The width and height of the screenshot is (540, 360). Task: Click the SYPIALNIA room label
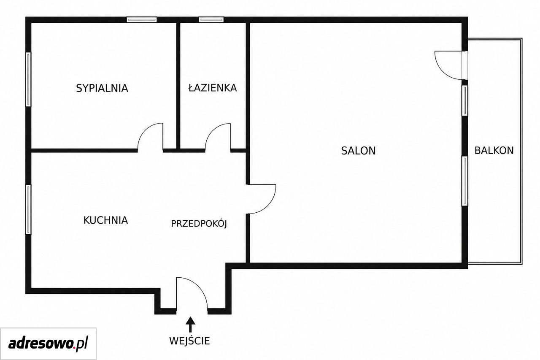[102, 88]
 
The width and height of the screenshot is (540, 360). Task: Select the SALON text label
[358, 151]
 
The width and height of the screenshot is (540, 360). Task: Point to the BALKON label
[494, 151]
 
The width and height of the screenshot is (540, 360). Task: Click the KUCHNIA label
[105, 220]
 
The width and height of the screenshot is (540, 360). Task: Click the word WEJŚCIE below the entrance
[189, 341]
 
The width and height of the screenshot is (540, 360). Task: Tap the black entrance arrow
[190, 324]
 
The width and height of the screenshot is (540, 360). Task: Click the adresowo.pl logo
[48, 344]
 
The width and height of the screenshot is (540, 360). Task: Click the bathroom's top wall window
[211, 19]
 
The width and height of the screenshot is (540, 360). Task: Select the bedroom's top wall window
[142, 19]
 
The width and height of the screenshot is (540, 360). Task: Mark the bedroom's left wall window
[28, 79]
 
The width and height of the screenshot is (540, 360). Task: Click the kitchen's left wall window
[28, 209]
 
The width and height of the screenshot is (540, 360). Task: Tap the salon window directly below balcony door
[465, 100]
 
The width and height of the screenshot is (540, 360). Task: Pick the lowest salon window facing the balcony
[465, 181]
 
